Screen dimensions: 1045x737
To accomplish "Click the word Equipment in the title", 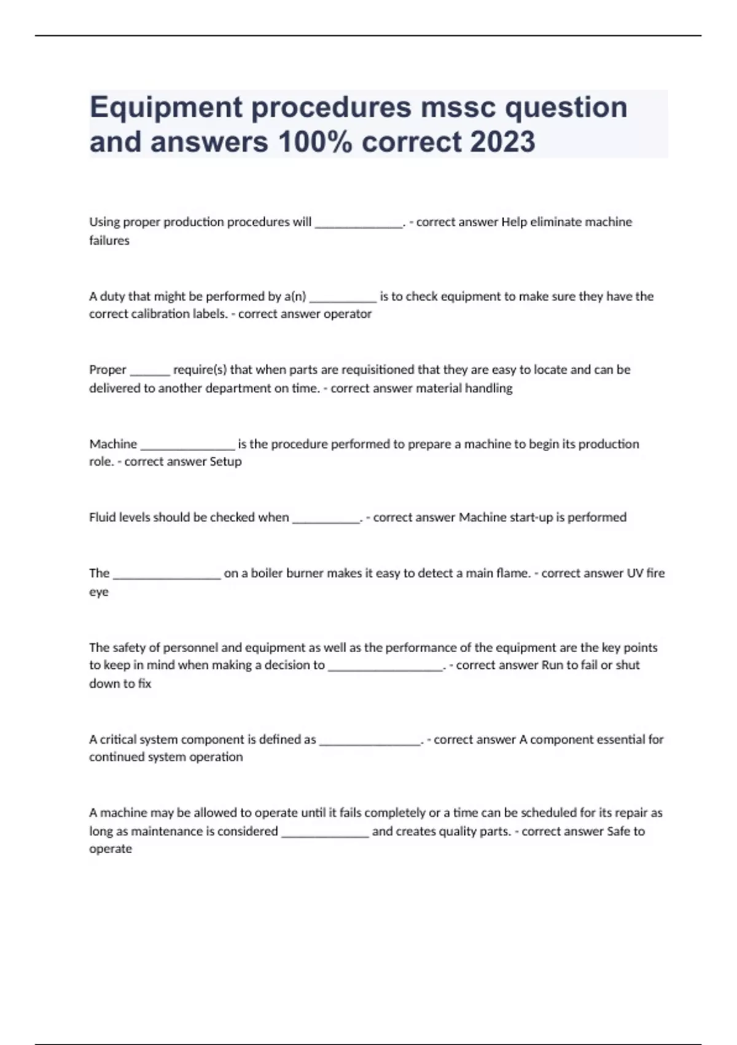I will coord(166,108).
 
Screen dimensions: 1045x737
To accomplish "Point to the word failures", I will coord(109,240).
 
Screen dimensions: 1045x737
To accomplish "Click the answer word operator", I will coord(348,314).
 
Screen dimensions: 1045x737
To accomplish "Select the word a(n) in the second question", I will coord(295,296).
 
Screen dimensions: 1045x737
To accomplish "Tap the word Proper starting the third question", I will coord(107,370).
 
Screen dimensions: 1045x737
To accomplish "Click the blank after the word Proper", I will coord(150,371).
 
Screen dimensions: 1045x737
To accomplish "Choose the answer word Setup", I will coord(225,462).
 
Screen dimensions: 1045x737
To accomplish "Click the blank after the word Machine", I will coord(187,446).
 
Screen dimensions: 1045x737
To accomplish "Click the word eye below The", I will coord(99,593).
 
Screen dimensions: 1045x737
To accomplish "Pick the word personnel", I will coord(188,647).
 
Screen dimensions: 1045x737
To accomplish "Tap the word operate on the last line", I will coord(111,850).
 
